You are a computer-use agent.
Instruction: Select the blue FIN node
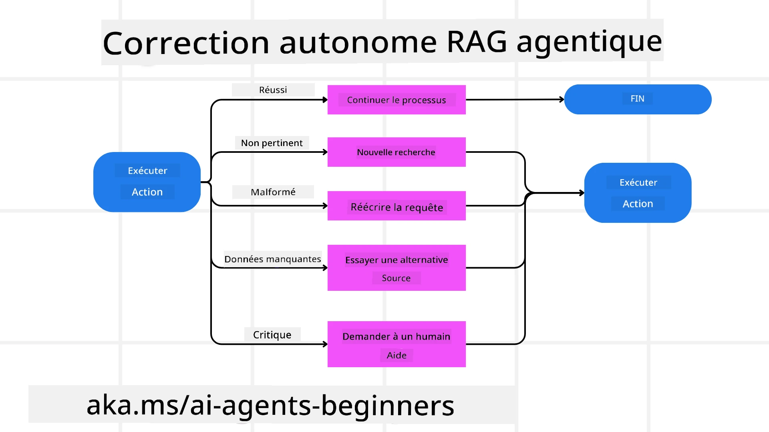(638, 99)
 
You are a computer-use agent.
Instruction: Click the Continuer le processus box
(397, 100)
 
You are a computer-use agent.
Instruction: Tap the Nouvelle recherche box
(397, 152)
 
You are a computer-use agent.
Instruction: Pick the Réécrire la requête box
(397, 206)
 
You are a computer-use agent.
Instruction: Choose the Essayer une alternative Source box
(397, 268)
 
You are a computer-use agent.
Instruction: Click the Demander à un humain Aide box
(397, 344)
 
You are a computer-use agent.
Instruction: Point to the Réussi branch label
(273, 90)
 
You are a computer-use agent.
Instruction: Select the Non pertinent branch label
(272, 143)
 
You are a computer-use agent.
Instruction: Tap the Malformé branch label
(273, 192)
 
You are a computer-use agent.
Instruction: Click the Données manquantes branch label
(273, 259)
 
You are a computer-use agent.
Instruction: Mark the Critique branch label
(272, 335)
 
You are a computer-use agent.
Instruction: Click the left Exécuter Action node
(147, 182)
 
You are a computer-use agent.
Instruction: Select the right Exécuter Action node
(638, 193)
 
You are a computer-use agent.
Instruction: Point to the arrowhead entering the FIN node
(562, 99)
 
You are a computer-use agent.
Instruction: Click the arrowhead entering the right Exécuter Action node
(582, 193)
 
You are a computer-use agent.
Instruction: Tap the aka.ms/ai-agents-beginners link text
(270, 405)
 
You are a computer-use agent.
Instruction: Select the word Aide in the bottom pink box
(397, 355)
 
